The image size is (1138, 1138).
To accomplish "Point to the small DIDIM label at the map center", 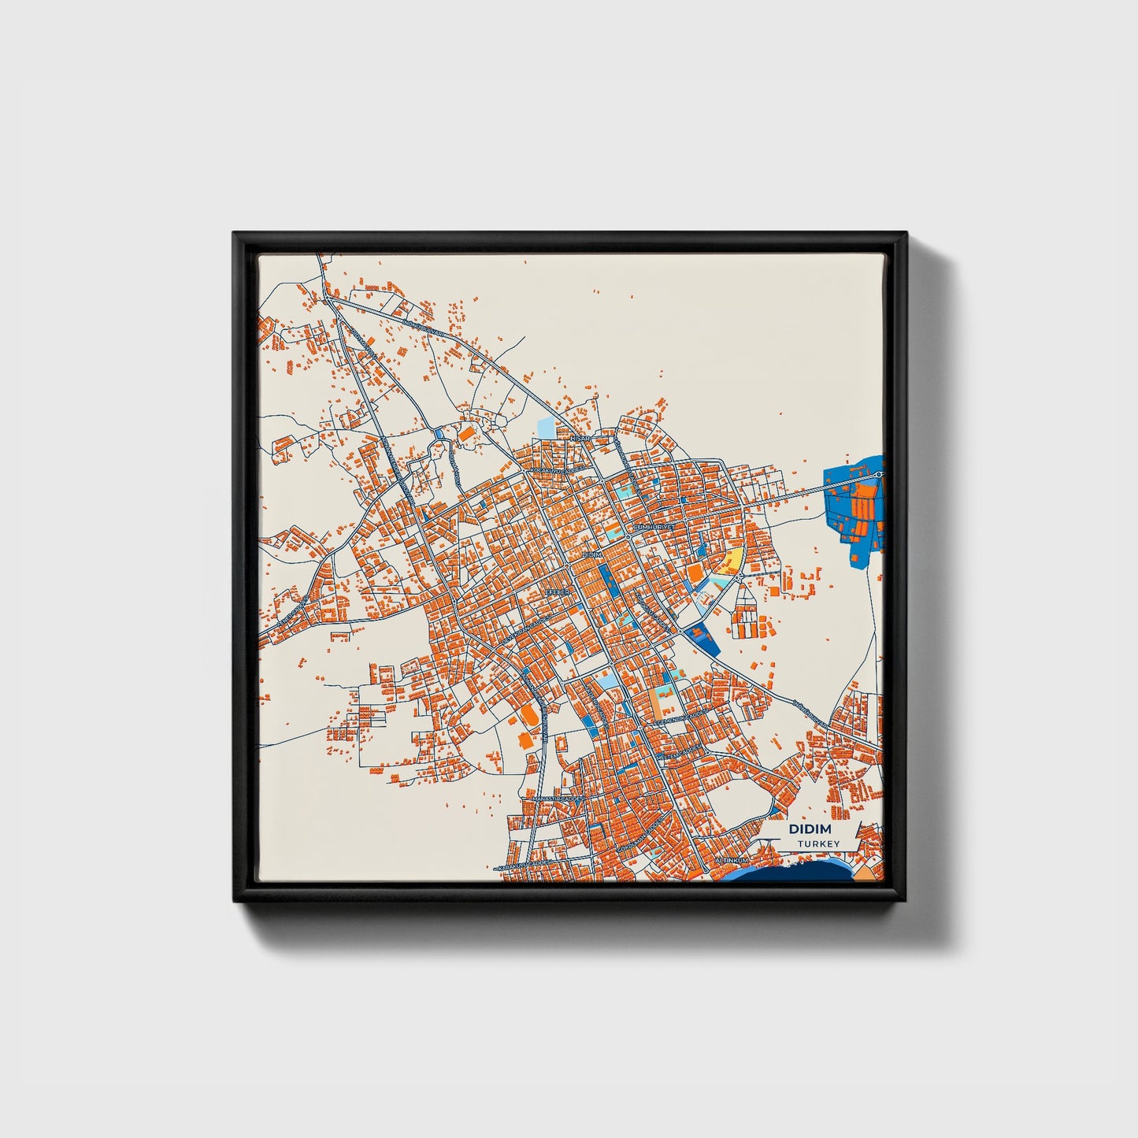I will pos(591,555).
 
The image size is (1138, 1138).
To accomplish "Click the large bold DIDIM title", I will pos(809,829).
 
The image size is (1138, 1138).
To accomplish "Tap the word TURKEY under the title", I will pos(818,844).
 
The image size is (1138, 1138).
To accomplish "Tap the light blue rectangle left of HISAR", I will pos(545,428).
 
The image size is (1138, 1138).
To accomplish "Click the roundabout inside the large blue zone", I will pos(879,474).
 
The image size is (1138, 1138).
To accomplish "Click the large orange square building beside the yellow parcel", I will pos(695,572).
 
